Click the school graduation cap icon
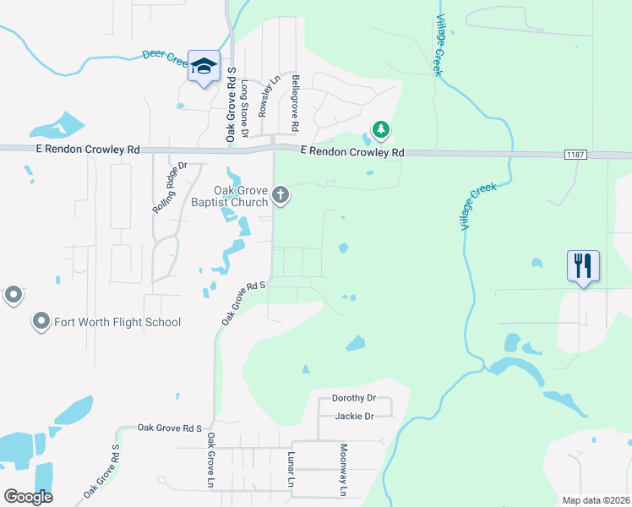pyautogui.click(x=203, y=65)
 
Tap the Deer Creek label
pyautogui.click(x=165, y=57)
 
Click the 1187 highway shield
pyautogui.click(x=575, y=155)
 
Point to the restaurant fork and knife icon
pyautogui.click(x=583, y=265)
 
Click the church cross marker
pyautogui.click(x=281, y=197)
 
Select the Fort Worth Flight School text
pyautogui.click(x=117, y=322)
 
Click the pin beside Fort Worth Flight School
pyautogui.click(x=40, y=321)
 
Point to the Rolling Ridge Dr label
pyautogui.click(x=168, y=188)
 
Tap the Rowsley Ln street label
pyautogui.click(x=269, y=97)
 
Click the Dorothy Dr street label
pyautogui.click(x=353, y=398)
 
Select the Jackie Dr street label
pyautogui.click(x=354, y=416)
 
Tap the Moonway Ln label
pyautogui.click(x=343, y=471)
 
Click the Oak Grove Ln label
pyautogui.click(x=211, y=461)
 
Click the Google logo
pyautogui.click(x=28, y=497)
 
